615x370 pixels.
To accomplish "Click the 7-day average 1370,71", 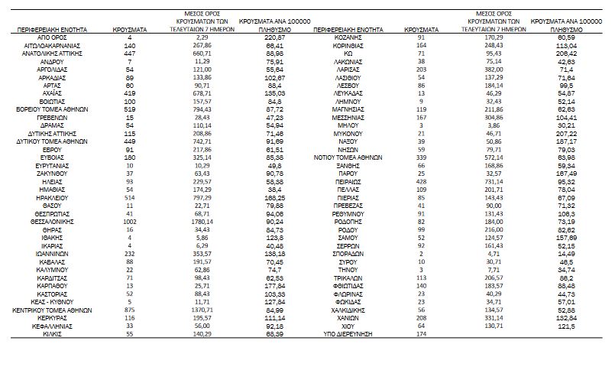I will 202,310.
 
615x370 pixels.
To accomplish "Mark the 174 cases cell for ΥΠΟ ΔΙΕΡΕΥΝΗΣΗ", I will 422,335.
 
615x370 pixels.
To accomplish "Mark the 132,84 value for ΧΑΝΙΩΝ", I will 566,319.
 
